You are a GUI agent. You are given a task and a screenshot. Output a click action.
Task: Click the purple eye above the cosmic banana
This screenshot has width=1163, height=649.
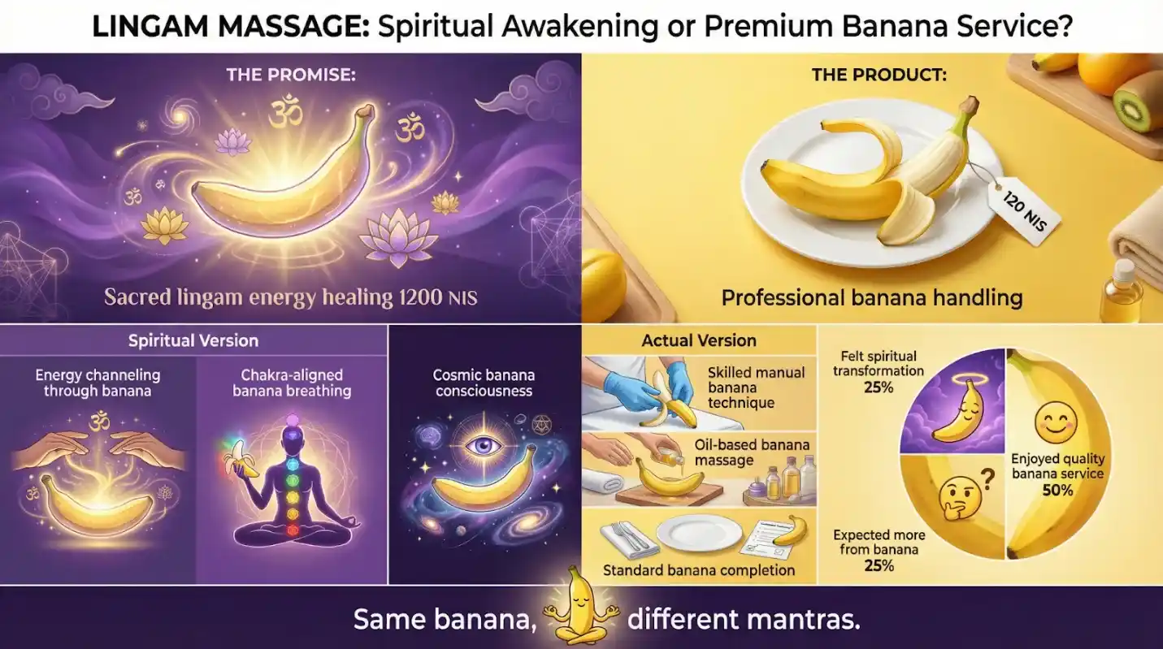(483, 445)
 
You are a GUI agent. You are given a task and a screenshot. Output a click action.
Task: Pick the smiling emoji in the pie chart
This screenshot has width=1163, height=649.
(1056, 423)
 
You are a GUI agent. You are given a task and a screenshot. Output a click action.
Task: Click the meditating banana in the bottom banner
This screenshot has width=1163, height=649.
(581, 607)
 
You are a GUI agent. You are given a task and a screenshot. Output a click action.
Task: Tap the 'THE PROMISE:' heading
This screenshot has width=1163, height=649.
(291, 76)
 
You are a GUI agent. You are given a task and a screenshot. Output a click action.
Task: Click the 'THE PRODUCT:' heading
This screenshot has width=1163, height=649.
(879, 76)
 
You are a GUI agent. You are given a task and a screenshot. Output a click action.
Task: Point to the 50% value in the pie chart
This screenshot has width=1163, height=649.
(1057, 490)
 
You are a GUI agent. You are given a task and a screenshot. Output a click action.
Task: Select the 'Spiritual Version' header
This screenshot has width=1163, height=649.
(193, 341)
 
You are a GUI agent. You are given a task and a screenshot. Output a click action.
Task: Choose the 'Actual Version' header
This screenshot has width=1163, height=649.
(699, 341)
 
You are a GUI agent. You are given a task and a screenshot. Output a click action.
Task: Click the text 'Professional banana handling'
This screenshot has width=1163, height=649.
(872, 298)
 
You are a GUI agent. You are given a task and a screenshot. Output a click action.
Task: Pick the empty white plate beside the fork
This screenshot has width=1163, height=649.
(699, 534)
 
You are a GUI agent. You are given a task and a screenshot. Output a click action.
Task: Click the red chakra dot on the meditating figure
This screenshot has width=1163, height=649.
(293, 530)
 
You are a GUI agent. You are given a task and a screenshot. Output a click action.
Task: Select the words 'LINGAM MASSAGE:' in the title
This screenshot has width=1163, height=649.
(231, 26)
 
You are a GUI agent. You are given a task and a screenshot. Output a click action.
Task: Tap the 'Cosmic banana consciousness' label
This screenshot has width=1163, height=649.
(484, 383)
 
